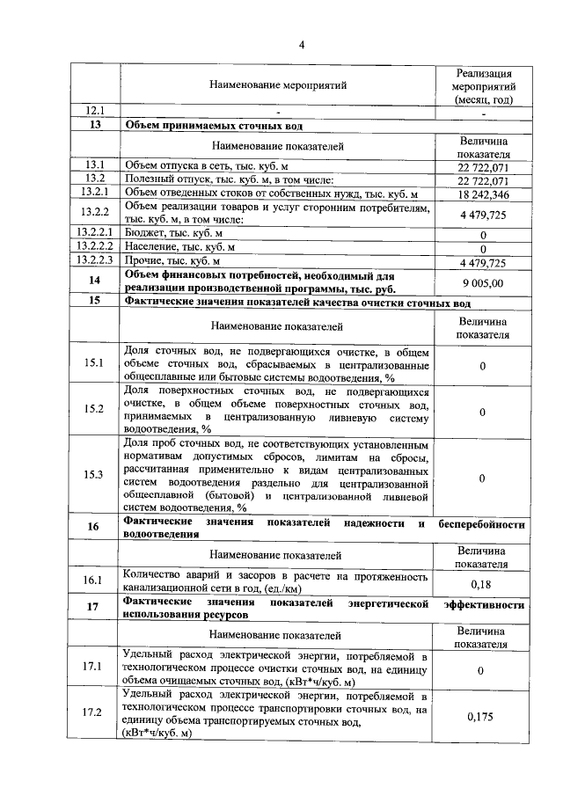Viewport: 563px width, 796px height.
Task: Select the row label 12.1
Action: [94, 111]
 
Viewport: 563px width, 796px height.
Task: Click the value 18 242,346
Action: [483, 194]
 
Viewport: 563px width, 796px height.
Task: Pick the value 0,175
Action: [483, 717]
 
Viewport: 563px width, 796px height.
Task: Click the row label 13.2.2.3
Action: [94, 261]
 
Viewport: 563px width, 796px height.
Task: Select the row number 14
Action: [94, 281]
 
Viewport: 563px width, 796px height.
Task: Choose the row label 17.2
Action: [94, 712]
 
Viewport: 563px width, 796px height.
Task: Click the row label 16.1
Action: [94, 580]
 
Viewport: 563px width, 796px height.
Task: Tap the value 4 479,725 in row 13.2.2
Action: [483, 214]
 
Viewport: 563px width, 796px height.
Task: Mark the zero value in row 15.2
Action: [483, 411]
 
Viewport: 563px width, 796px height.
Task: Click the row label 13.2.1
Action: [94, 193]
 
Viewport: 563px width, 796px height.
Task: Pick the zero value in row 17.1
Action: [483, 671]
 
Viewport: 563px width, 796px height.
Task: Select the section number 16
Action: [94, 526]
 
